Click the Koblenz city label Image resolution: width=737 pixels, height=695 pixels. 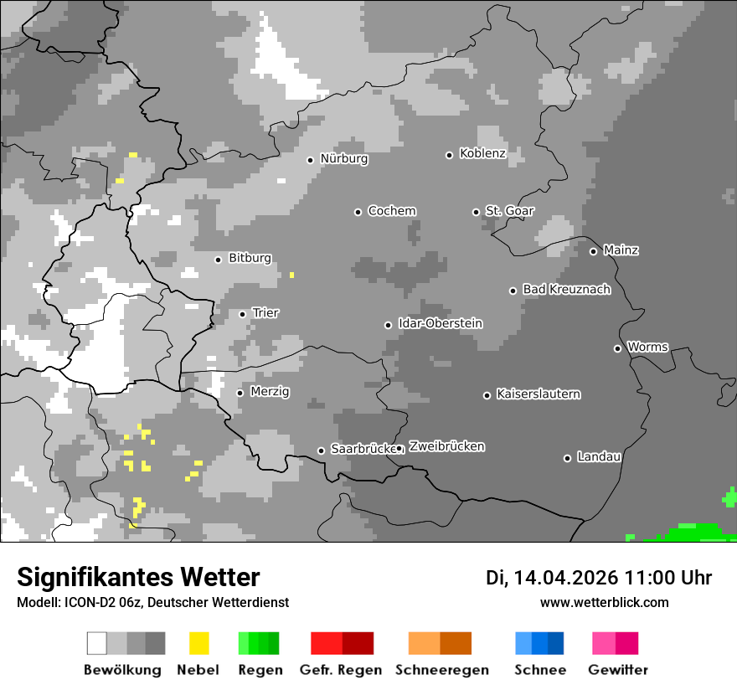482,153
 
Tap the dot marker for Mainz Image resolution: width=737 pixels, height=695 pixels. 593,251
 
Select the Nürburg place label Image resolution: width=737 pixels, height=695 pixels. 343,158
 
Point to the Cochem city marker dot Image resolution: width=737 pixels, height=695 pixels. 358,212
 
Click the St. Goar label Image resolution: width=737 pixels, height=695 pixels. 509,211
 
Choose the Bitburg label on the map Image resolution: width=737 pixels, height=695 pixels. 250,258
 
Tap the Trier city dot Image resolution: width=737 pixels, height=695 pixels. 242,314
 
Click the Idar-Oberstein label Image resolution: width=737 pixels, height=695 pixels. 441,323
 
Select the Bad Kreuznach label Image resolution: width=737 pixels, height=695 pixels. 566,289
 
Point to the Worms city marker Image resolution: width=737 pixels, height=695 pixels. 617,348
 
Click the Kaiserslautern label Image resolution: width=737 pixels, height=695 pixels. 538,394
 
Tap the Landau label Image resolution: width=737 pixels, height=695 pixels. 599,456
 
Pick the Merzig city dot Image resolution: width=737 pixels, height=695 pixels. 240,393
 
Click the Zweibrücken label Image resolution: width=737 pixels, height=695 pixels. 446,446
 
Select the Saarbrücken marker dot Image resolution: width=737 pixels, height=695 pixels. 321,450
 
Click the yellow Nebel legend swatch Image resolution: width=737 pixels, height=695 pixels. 198,643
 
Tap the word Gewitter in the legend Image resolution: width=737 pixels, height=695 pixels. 617,670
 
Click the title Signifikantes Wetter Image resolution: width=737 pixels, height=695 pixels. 138,577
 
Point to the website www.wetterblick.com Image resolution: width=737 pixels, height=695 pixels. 604,602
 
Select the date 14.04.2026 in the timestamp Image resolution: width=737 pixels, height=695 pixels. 566,578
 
